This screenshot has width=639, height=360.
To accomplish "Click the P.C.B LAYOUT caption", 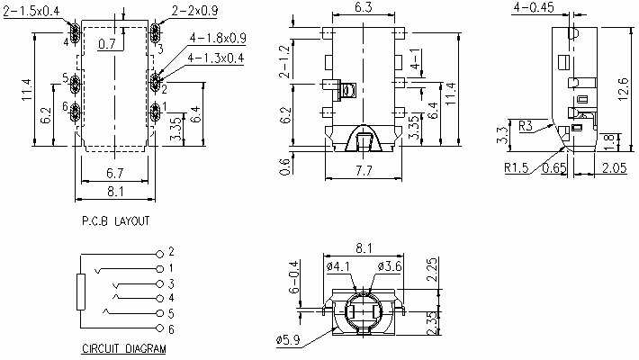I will pyautogui.click(x=116, y=220).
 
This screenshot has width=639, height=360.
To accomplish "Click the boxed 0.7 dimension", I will pyautogui.click(x=108, y=43).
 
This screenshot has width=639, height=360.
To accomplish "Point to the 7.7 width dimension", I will pyautogui.click(x=364, y=170).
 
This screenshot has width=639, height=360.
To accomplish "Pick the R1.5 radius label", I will pyautogui.click(x=517, y=167).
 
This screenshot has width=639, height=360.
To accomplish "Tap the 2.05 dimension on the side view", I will pyautogui.click(x=614, y=167).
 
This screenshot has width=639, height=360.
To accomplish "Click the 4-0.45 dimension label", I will pyautogui.click(x=533, y=8).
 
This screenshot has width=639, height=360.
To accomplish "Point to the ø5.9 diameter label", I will pyautogui.click(x=289, y=339).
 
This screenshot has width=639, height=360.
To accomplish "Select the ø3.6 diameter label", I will pyautogui.click(x=391, y=266).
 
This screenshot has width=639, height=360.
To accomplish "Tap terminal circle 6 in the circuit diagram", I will pyautogui.click(x=160, y=328).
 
